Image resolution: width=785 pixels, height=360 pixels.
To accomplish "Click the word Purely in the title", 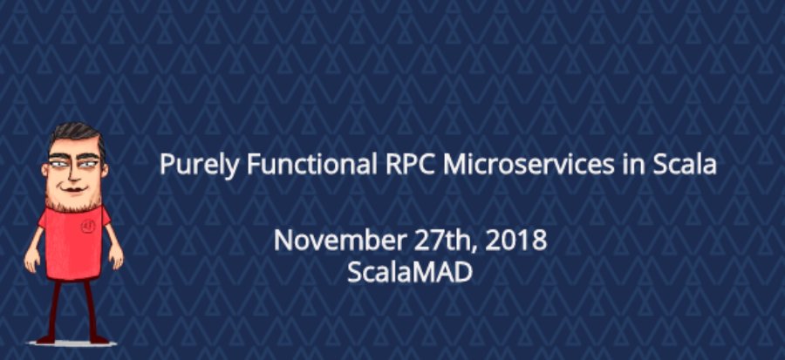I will point(188,165).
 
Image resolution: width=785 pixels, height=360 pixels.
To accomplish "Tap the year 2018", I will point(516,240).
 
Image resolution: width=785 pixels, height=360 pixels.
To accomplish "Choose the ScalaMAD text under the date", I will point(409,271).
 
